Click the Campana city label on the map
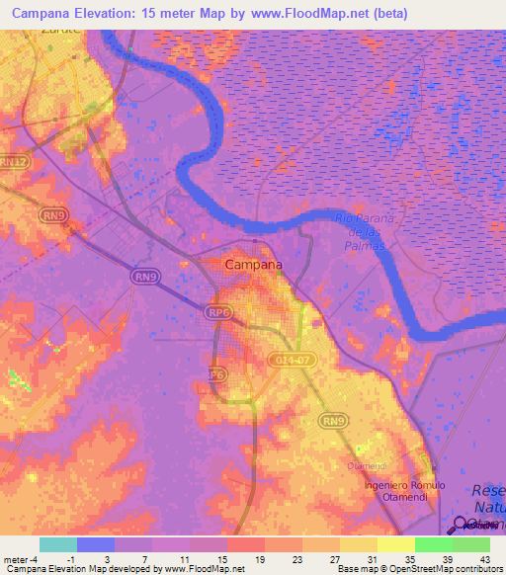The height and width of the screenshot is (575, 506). pyautogui.click(x=253, y=265)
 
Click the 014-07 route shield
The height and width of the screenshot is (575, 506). pyautogui.click(x=294, y=363)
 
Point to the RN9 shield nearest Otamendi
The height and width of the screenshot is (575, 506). pyautogui.click(x=332, y=422)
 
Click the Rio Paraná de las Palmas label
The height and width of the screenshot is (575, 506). pyautogui.click(x=365, y=231)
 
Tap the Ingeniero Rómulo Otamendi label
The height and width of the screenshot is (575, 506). pyautogui.click(x=404, y=491)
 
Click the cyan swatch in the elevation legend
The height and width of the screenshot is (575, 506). pyautogui.click(x=57, y=544)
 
